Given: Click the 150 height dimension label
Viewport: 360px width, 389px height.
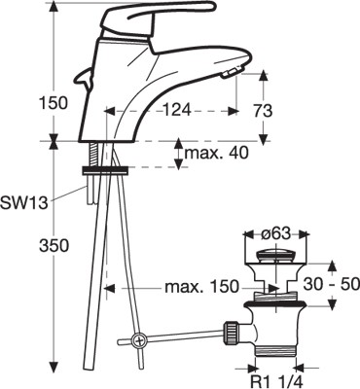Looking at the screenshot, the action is (x=54, y=103).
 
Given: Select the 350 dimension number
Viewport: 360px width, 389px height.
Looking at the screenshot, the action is (x=54, y=245).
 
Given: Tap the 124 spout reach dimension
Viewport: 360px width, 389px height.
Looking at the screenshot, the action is (x=177, y=111).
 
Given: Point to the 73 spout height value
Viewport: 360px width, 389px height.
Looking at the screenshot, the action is (x=262, y=111).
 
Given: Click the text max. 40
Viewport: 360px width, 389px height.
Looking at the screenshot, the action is (x=216, y=153).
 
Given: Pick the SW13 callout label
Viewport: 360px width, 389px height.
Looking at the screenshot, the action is (x=24, y=203).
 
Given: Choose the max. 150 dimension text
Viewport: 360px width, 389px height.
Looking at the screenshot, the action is (x=201, y=287).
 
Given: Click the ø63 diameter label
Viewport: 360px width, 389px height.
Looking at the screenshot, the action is (x=276, y=233).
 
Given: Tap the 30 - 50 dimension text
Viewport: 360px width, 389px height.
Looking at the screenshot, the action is (x=332, y=284).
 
